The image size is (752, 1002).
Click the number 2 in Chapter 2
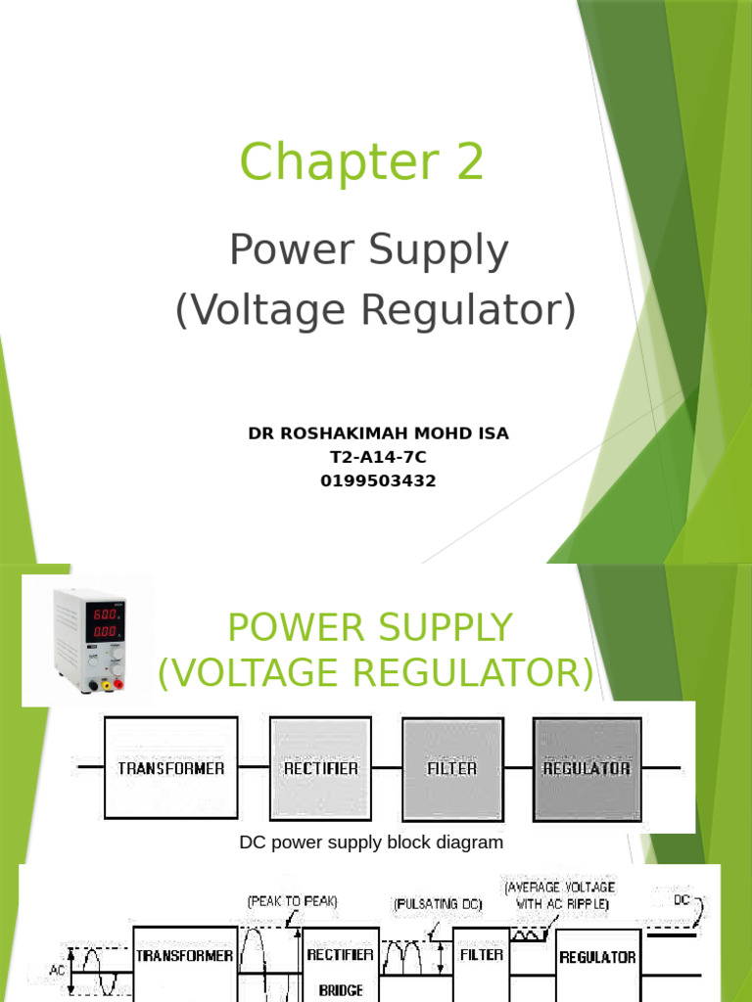tap(462, 162)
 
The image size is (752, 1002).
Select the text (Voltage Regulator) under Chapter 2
tap(375, 310)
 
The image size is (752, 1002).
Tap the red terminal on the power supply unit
tap(118, 683)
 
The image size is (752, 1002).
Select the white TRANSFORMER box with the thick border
tap(170, 768)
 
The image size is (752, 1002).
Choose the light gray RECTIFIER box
tap(320, 768)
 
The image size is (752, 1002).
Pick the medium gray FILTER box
tap(451, 768)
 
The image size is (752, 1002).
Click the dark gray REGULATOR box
tap(586, 768)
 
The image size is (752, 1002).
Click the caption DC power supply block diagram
tap(371, 843)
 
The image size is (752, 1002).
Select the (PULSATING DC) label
tap(438, 905)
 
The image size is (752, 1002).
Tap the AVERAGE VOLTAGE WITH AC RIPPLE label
tap(560, 896)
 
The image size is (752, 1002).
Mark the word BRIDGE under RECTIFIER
tap(342, 990)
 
